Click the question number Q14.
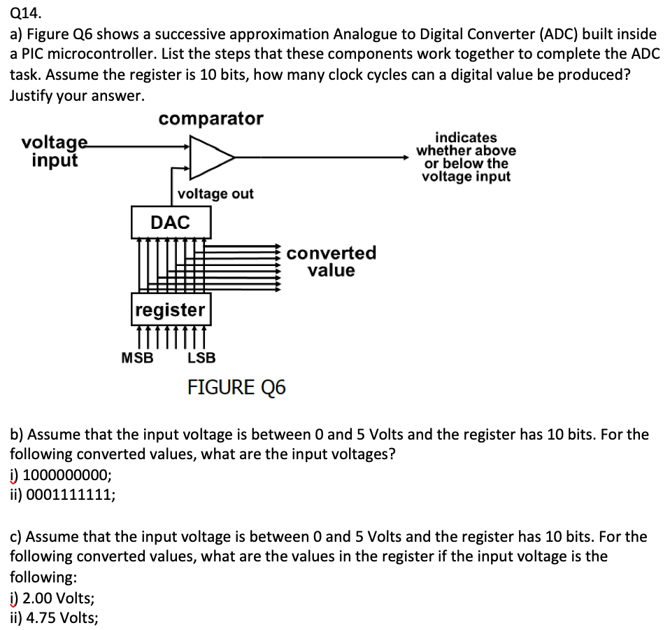(x=24, y=12)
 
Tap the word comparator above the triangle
(x=211, y=119)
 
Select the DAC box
(x=170, y=223)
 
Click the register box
(x=170, y=309)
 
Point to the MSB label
(x=137, y=358)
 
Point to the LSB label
(x=202, y=358)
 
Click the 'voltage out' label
(x=215, y=193)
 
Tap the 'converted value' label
(x=331, y=261)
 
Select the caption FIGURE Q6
(x=236, y=387)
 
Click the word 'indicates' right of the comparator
(x=466, y=138)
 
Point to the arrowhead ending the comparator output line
(x=413, y=157)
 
